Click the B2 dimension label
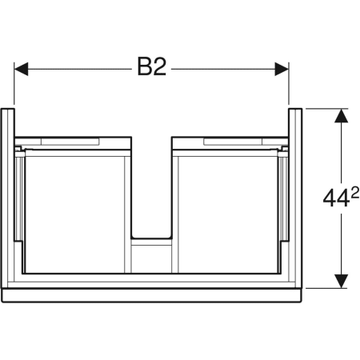(x=151, y=66)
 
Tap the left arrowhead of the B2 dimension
(x=21, y=69)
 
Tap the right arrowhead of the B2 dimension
(x=282, y=69)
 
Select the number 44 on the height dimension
(x=336, y=198)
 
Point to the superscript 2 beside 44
(x=355, y=192)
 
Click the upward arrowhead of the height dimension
(x=341, y=116)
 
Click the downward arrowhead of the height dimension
(x=341, y=281)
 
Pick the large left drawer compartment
(x=74, y=214)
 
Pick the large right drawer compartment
(x=228, y=214)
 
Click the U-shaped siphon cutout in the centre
(x=151, y=238)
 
